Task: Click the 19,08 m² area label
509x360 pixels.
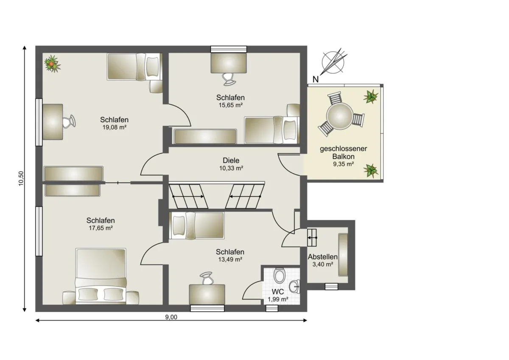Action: [114, 127]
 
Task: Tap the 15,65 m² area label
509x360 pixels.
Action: [230, 105]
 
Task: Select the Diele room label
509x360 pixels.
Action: [231, 160]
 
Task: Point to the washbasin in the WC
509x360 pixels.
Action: [295, 287]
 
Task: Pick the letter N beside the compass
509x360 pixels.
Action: [316, 79]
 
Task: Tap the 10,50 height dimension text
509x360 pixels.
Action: [21, 178]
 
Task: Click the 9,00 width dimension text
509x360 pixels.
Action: [171, 317]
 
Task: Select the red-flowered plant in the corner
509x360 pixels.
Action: [53, 64]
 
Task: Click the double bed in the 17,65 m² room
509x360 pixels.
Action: [101, 276]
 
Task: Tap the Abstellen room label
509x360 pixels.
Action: [322, 257]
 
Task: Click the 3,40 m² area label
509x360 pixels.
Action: [323, 264]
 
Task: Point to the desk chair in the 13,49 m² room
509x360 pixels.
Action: [207, 278]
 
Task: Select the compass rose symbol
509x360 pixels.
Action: [333, 62]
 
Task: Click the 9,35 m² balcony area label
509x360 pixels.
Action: [343, 164]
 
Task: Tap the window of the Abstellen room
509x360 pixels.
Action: [331, 286]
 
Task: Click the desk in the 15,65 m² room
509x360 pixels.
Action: [229, 63]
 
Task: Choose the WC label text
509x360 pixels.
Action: [278, 292]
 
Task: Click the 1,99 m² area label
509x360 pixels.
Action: [278, 299]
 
